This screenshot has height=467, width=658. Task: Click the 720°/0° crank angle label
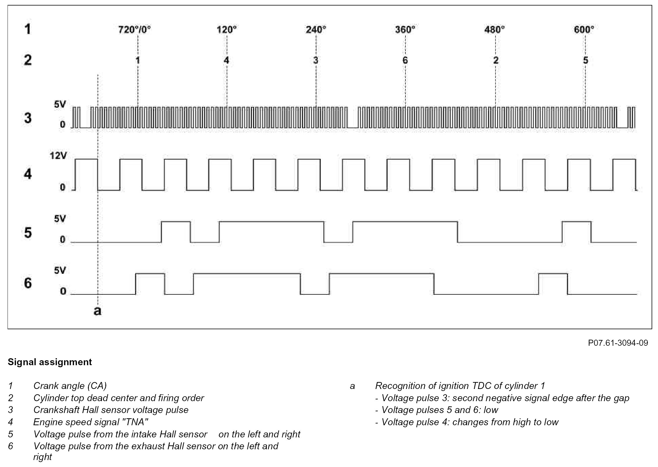point(135,30)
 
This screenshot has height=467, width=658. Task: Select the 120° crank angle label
point(227,30)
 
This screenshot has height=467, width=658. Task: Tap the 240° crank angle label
point(316,30)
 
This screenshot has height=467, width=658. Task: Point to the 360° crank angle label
point(405,30)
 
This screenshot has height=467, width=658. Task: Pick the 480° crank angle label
point(495,30)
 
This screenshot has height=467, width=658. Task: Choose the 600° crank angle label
point(584,30)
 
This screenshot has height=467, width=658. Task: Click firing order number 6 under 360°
point(405,60)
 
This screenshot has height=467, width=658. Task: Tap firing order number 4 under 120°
point(226,60)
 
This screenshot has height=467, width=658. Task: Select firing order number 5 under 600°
point(585,60)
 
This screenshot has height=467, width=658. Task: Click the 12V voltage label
point(58,156)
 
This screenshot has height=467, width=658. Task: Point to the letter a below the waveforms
point(98,311)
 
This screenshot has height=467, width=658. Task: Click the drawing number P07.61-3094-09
point(618,343)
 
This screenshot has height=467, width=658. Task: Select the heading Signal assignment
point(50,362)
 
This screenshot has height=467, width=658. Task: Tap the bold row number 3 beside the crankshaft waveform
point(28,118)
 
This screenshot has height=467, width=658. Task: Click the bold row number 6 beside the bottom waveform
point(28,283)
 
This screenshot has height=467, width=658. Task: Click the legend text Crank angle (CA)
point(70,386)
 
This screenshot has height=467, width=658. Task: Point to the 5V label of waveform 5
point(60,219)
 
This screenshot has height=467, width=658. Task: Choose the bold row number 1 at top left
point(28,29)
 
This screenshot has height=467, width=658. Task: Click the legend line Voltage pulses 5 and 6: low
point(439,410)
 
